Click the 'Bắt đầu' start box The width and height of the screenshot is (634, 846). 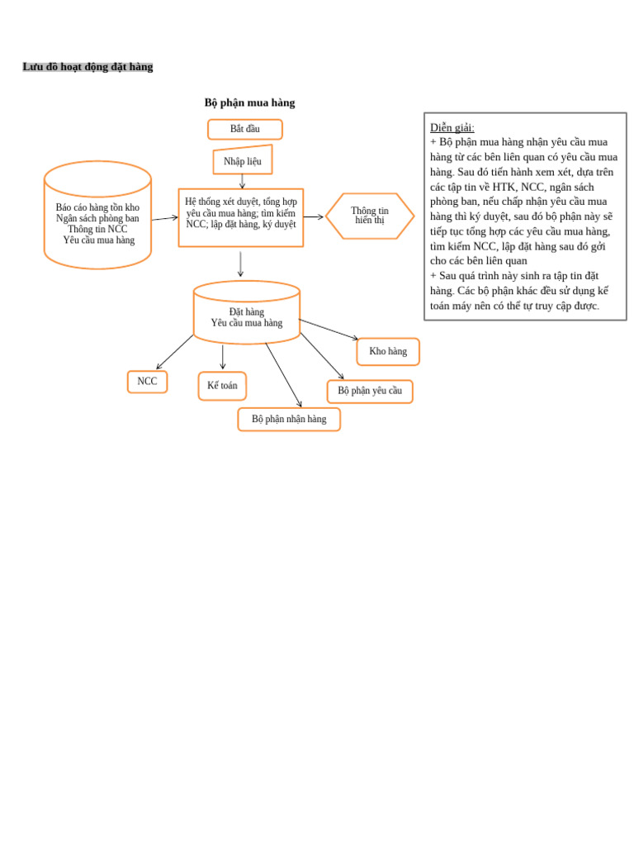[244, 129]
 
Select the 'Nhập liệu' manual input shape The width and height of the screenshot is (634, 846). [242, 161]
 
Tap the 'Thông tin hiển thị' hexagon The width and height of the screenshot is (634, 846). [369, 216]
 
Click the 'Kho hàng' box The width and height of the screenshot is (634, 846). [387, 351]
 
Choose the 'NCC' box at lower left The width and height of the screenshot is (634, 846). [147, 382]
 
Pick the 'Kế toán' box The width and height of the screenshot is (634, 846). [222, 386]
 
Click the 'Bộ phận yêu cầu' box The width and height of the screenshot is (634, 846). [369, 391]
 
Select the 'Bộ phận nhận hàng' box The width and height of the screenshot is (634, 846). [289, 419]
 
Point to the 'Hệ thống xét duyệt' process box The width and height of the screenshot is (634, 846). [240, 217]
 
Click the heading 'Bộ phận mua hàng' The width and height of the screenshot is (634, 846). [249, 103]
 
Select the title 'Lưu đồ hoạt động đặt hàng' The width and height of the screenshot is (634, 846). [88, 67]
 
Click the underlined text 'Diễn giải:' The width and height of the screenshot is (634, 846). [452, 127]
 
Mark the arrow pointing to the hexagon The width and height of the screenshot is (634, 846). [314, 217]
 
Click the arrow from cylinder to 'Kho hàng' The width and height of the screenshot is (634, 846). [329, 329]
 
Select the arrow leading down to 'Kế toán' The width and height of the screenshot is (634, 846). [222, 357]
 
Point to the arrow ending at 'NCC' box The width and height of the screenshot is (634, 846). [174, 352]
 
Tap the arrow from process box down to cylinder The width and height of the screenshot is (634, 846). [240, 264]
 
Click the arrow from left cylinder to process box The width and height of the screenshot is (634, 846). [164, 218]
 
